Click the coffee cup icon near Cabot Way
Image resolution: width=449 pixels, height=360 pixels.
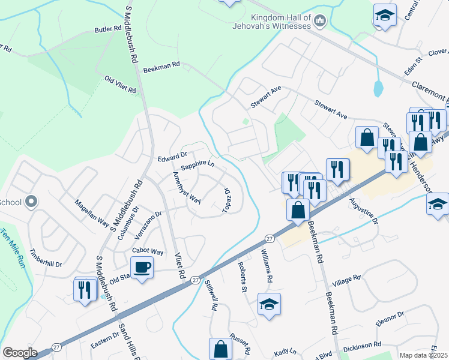[142, 266]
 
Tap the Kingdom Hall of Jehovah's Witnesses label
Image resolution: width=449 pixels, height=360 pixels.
[272, 21]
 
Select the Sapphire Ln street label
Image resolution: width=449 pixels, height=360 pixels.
[197, 164]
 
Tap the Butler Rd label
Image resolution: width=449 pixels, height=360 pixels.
[108, 29]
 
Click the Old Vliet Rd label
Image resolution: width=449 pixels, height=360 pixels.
[121, 84]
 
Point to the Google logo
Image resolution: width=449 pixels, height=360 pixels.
[20, 352]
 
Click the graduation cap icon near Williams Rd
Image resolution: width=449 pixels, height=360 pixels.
[269, 304]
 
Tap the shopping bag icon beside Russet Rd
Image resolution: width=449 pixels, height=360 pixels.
[220, 349]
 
